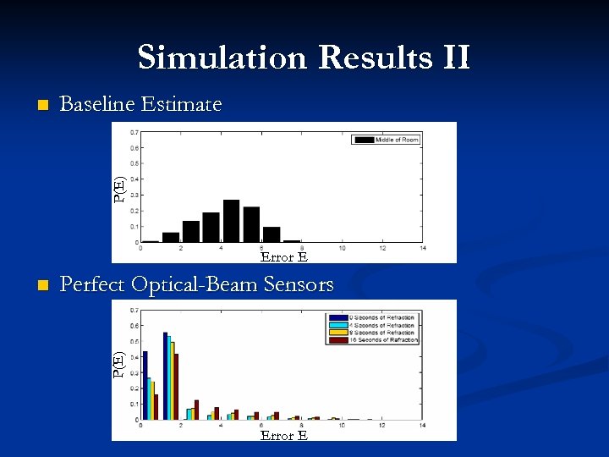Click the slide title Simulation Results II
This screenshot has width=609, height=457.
coord(304,58)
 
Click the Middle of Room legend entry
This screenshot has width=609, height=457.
coord(386,140)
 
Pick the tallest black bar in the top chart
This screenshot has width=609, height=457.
coord(231,221)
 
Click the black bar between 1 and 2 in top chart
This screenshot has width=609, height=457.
coord(171,237)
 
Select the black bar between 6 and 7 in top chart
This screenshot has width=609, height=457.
coord(272,234)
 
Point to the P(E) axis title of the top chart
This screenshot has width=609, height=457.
coord(120,189)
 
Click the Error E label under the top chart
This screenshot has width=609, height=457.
coord(283,256)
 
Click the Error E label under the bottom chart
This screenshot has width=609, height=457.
coord(283,435)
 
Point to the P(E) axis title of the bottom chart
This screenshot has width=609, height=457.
coord(120,364)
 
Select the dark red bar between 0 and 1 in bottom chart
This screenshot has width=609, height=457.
coord(156,406)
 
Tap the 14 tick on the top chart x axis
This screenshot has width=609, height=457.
coord(422,248)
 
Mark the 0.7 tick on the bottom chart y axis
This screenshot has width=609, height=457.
coord(134,310)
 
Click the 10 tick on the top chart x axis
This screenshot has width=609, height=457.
coord(342,248)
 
